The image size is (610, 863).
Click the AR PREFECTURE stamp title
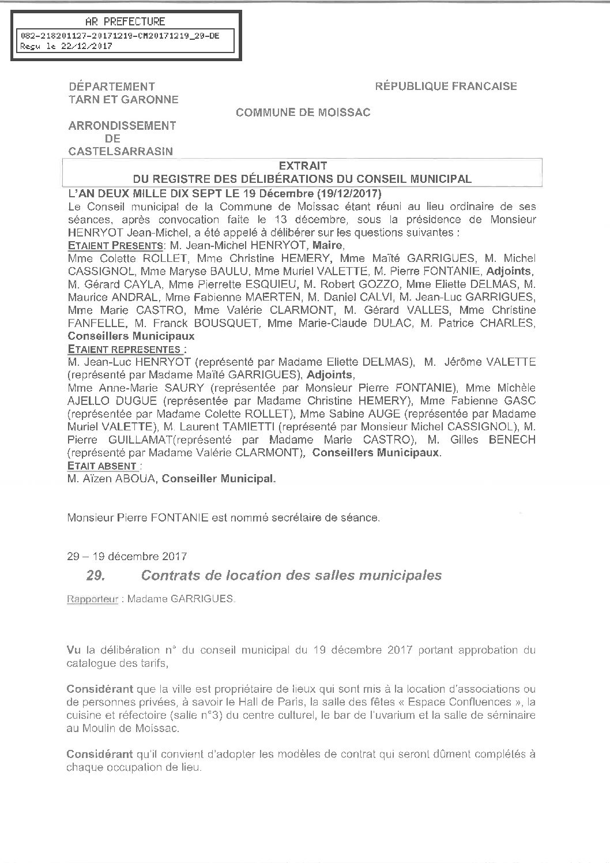125,22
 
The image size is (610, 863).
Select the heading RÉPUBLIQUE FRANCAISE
446,87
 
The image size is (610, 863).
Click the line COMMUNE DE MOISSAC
303,112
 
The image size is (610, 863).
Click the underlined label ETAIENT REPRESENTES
127,349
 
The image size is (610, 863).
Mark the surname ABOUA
137,478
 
